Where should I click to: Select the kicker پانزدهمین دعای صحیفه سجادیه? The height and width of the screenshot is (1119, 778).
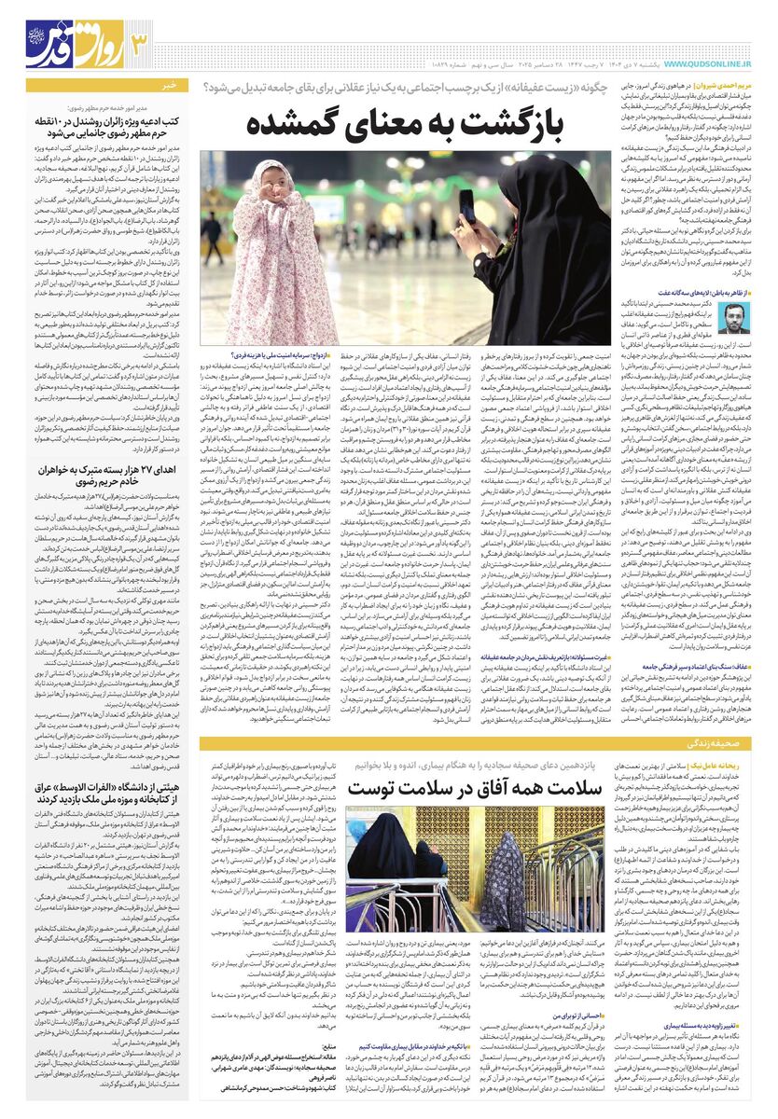[x=464, y=764]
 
